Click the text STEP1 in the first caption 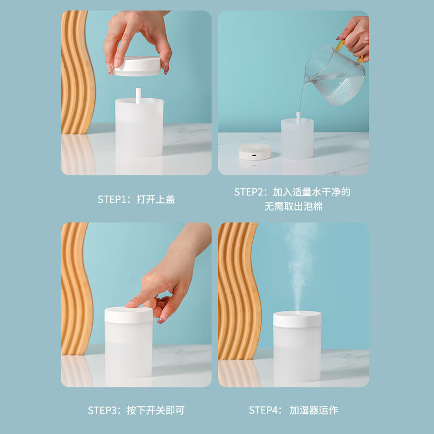[x=112, y=199]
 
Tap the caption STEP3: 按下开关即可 [x=136, y=410]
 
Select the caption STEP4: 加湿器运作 [x=293, y=410]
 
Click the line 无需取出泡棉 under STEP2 [x=293, y=207]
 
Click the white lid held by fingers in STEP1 [x=137, y=66]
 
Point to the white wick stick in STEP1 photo [x=138, y=95]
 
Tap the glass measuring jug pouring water [x=335, y=75]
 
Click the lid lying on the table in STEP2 [x=255, y=152]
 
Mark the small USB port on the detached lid [x=254, y=155]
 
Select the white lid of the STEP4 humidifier [x=297, y=319]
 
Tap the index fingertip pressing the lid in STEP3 [x=129, y=305]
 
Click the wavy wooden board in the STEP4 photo [x=239, y=291]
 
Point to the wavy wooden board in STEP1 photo [x=78, y=72]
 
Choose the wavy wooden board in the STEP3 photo [x=76, y=289]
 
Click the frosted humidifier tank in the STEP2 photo [x=297, y=138]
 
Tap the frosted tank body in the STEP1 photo [x=139, y=127]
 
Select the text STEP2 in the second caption [x=249, y=192]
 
